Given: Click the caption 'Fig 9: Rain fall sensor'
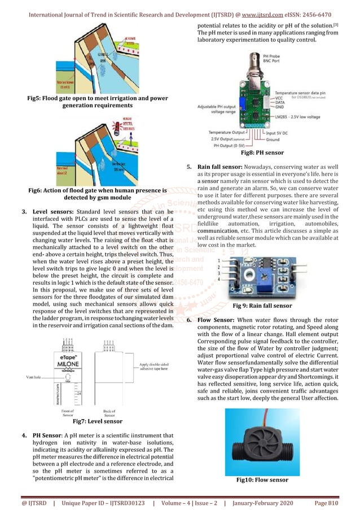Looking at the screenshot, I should pyautogui.click(x=262, y=306).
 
